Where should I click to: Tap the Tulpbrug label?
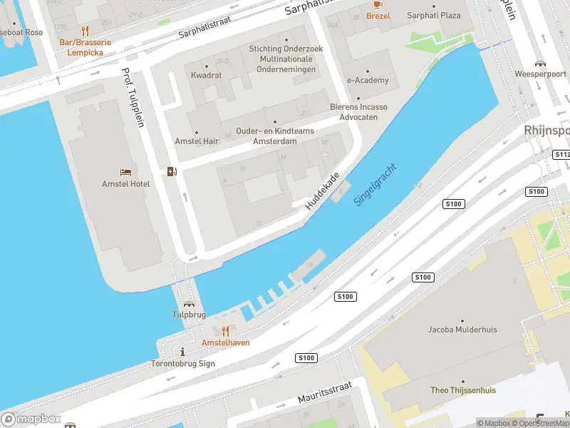[x=189, y=314]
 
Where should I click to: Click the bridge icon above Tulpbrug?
[x=189, y=303]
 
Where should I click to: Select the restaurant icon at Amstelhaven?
[x=226, y=331]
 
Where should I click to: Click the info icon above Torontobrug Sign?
[x=184, y=352]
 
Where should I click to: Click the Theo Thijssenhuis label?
[x=462, y=390]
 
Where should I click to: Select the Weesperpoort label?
[x=539, y=74]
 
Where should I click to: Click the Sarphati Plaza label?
[x=433, y=15]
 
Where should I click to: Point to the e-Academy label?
[x=368, y=81]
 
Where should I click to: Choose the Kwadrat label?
[x=207, y=75]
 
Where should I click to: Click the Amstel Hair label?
[x=197, y=141]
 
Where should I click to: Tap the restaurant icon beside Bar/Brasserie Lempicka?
[x=85, y=31]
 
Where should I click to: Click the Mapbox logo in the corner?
[x=31, y=419]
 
